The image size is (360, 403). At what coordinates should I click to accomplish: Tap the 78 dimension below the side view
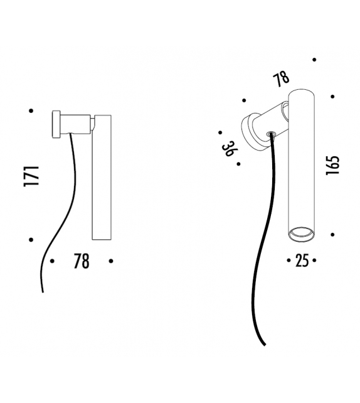coord(81,261)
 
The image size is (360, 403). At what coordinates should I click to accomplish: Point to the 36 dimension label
coord(229,148)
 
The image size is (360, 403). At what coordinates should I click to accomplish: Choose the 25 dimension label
coord(302,261)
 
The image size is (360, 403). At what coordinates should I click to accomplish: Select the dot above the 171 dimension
coord(30,111)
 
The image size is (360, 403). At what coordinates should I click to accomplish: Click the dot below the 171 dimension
coord(30,240)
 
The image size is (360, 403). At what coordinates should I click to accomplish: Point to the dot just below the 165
coord(332,231)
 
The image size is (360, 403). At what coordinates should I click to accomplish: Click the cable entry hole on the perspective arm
coord(271,133)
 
